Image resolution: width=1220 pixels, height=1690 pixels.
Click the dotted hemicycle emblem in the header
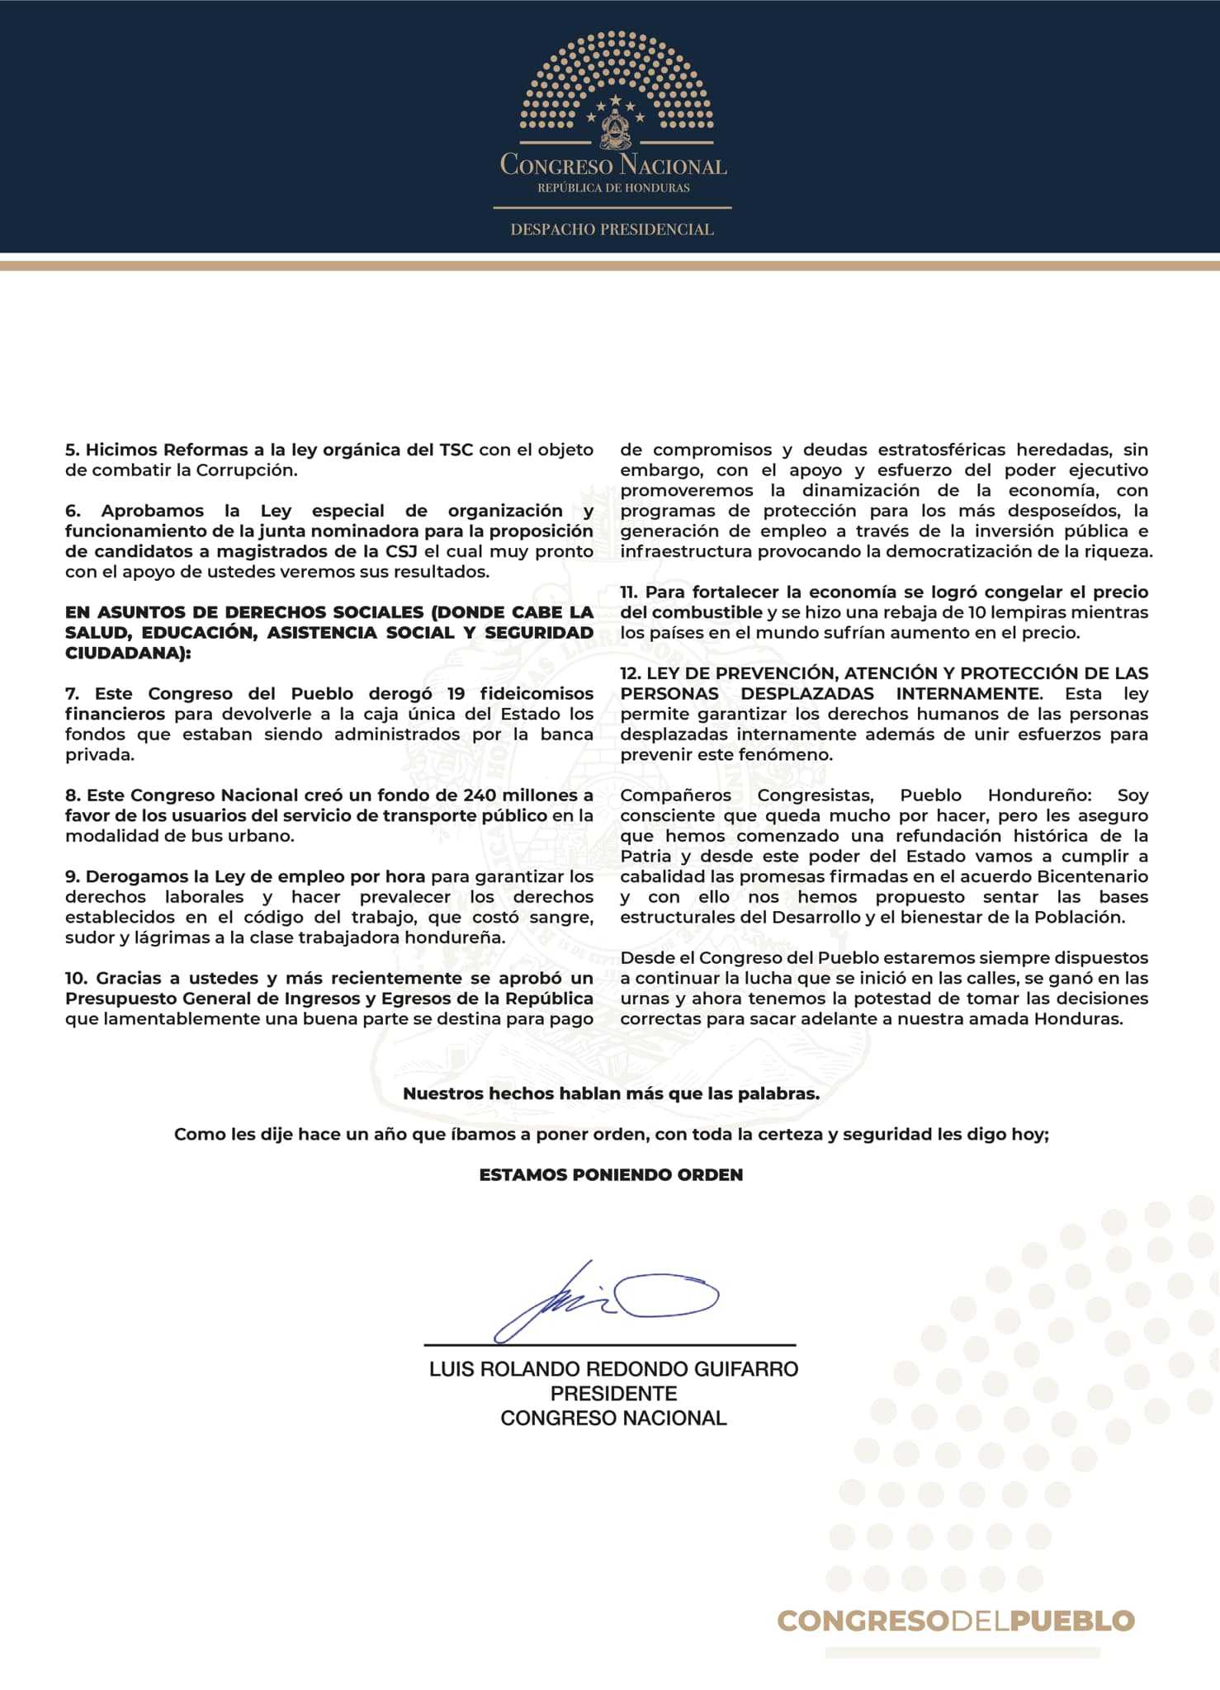[x=615, y=91]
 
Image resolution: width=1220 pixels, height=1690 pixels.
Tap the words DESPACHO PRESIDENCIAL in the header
[x=612, y=229]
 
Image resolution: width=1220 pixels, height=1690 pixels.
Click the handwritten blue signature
[x=607, y=1301]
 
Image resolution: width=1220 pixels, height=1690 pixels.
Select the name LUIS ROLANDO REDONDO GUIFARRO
[x=613, y=1369]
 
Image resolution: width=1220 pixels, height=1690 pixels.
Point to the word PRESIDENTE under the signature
[x=613, y=1394]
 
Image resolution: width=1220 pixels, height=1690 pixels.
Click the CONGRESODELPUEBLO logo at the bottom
[x=956, y=1621]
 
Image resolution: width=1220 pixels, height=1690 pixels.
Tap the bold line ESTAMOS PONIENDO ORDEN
[x=611, y=1174]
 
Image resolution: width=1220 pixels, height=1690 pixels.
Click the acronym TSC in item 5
[x=456, y=450]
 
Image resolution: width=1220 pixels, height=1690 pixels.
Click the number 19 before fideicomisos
[x=456, y=693]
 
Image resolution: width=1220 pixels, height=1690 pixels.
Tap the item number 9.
[x=72, y=876]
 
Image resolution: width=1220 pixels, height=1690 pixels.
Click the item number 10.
[x=76, y=978]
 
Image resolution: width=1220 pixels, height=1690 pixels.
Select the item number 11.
[x=628, y=592]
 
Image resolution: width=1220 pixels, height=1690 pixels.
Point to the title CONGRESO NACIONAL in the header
[x=613, y=165]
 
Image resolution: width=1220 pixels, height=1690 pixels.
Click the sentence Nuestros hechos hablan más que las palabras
[x=611, y=1093]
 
